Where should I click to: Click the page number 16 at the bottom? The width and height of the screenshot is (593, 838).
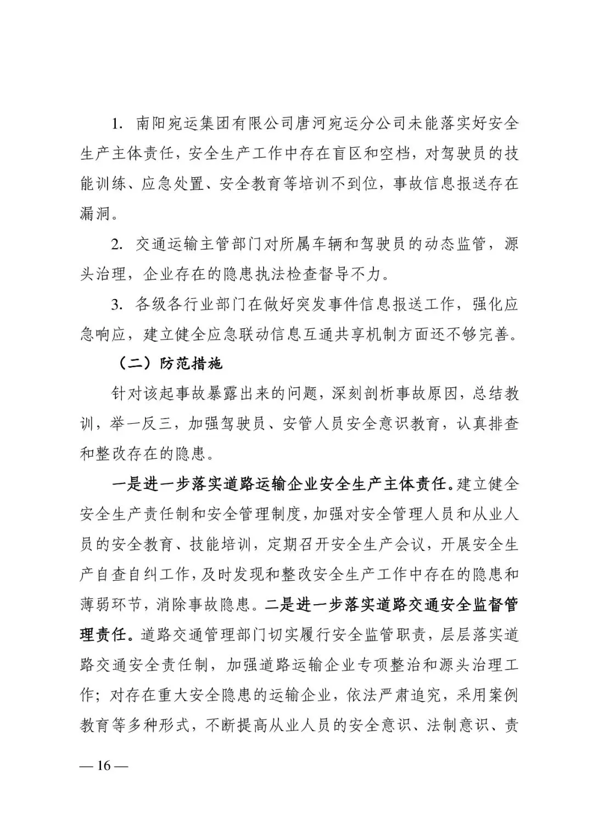pos(104,766)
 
